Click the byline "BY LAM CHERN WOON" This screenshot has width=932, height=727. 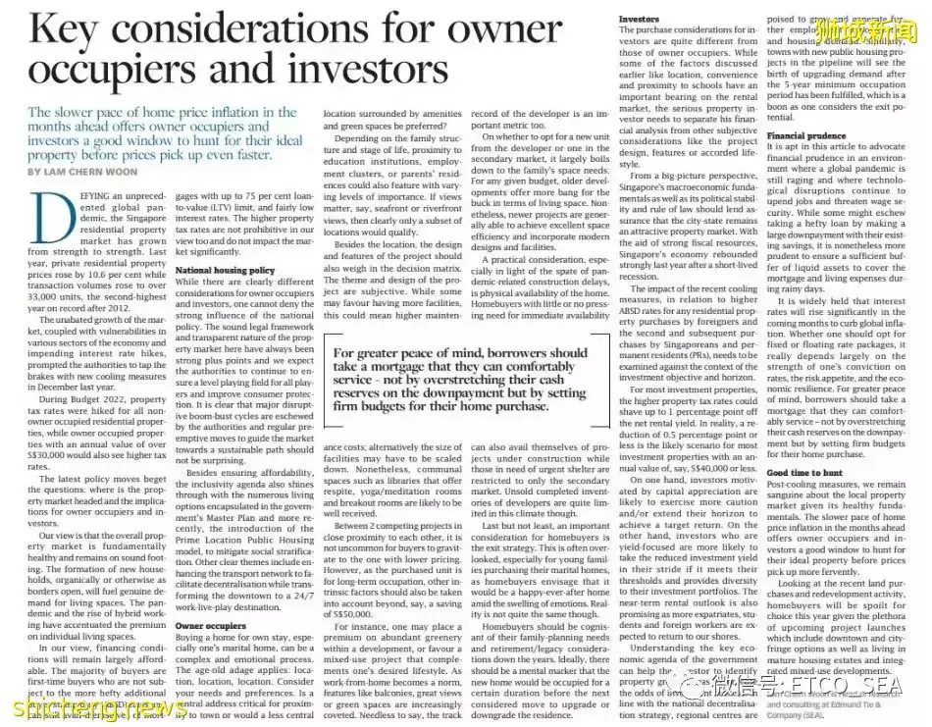tap(86, 171)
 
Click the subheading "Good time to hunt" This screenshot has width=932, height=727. tap(803, 472)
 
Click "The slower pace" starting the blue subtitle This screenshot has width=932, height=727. tap(75, 113)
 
